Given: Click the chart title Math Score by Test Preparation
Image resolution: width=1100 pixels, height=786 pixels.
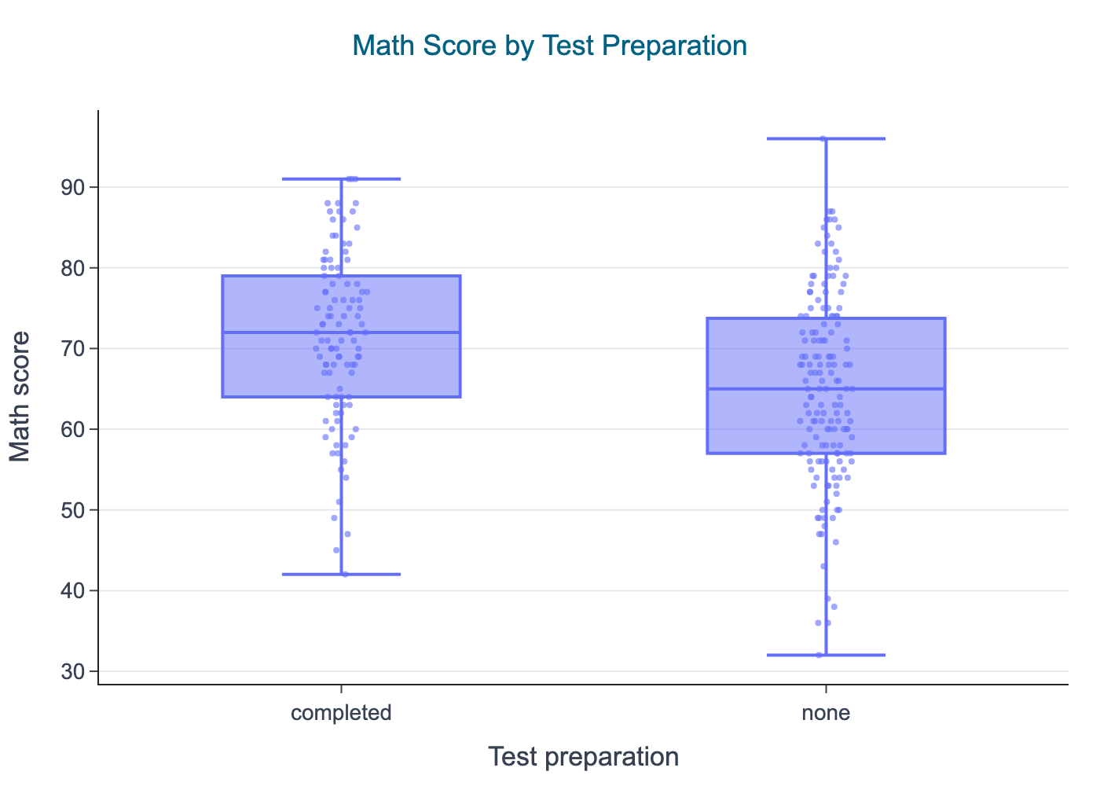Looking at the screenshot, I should (x=549, y=46).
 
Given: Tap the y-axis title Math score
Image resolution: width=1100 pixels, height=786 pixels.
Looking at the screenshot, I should (x=21, y=396).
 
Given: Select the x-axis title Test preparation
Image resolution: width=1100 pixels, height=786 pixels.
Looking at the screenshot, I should (x=583, y=757).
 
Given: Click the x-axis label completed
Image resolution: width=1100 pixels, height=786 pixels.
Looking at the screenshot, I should (x=341, y=714).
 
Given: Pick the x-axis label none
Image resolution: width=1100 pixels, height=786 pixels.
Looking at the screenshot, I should (x=826, y=714).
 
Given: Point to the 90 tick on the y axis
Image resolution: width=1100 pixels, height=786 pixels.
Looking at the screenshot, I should (x=75, y=188).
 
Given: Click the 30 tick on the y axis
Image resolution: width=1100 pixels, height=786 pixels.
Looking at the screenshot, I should (x=75, y=672).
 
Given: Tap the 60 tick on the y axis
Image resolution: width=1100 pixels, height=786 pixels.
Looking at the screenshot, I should (x=75, y=430).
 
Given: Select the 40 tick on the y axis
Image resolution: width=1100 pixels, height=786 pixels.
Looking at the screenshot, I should (x=75, y=591).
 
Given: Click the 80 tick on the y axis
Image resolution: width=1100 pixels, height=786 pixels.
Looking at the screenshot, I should (x=75, y=269).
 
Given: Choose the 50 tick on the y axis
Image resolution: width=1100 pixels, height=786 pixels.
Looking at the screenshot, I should (x=75, y=511).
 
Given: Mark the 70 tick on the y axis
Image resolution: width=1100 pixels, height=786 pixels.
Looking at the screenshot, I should (x=75, y=349).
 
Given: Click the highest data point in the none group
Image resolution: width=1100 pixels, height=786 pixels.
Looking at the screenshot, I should (x=823, y=139).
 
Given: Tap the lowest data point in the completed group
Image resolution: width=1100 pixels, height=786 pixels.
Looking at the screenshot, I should (x=345, y=575).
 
